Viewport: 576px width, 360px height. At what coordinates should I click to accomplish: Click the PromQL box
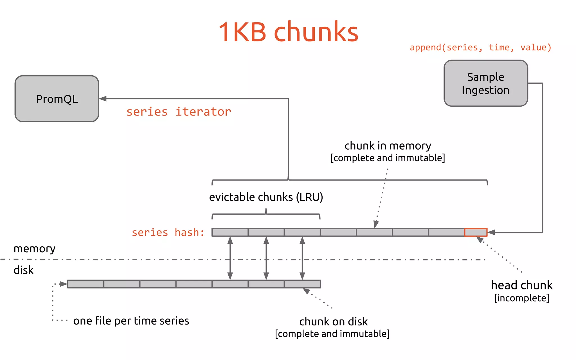click(57, 99)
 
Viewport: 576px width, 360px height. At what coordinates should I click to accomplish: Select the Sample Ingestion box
click(486, 83)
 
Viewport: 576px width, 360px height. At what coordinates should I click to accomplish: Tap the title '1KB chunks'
click(288, 32)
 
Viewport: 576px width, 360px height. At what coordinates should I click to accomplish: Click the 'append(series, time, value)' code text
click(480, 47)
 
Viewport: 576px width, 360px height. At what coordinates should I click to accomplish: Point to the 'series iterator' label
click(179, 112)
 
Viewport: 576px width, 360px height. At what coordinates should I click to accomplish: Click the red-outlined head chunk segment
click(476, 232)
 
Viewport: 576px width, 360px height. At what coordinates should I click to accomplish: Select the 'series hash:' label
click(168, 233)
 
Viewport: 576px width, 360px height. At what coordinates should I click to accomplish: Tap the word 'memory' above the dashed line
click(34, 249)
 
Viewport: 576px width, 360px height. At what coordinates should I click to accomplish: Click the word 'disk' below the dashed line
click(23, 270)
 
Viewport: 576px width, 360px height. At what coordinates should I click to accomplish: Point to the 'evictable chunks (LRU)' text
click(266, 197)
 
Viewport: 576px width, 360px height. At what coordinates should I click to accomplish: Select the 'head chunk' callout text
click(521, 285)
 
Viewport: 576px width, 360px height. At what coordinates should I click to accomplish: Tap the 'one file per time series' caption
click(131, 321)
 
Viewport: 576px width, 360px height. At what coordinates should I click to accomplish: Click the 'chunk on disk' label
click(333, 321)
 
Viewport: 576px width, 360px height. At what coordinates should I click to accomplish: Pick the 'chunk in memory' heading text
click(388, 146)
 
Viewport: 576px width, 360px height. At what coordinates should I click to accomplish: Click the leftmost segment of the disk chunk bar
click(85, 284)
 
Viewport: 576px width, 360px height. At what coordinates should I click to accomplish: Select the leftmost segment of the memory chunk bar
click(230, 232)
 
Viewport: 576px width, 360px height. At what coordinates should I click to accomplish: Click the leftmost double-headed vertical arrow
click(230, 258)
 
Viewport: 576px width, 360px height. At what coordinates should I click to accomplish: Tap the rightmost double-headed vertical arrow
click(302, 258)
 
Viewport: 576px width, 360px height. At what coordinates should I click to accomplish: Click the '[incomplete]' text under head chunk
click(521, 298)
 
